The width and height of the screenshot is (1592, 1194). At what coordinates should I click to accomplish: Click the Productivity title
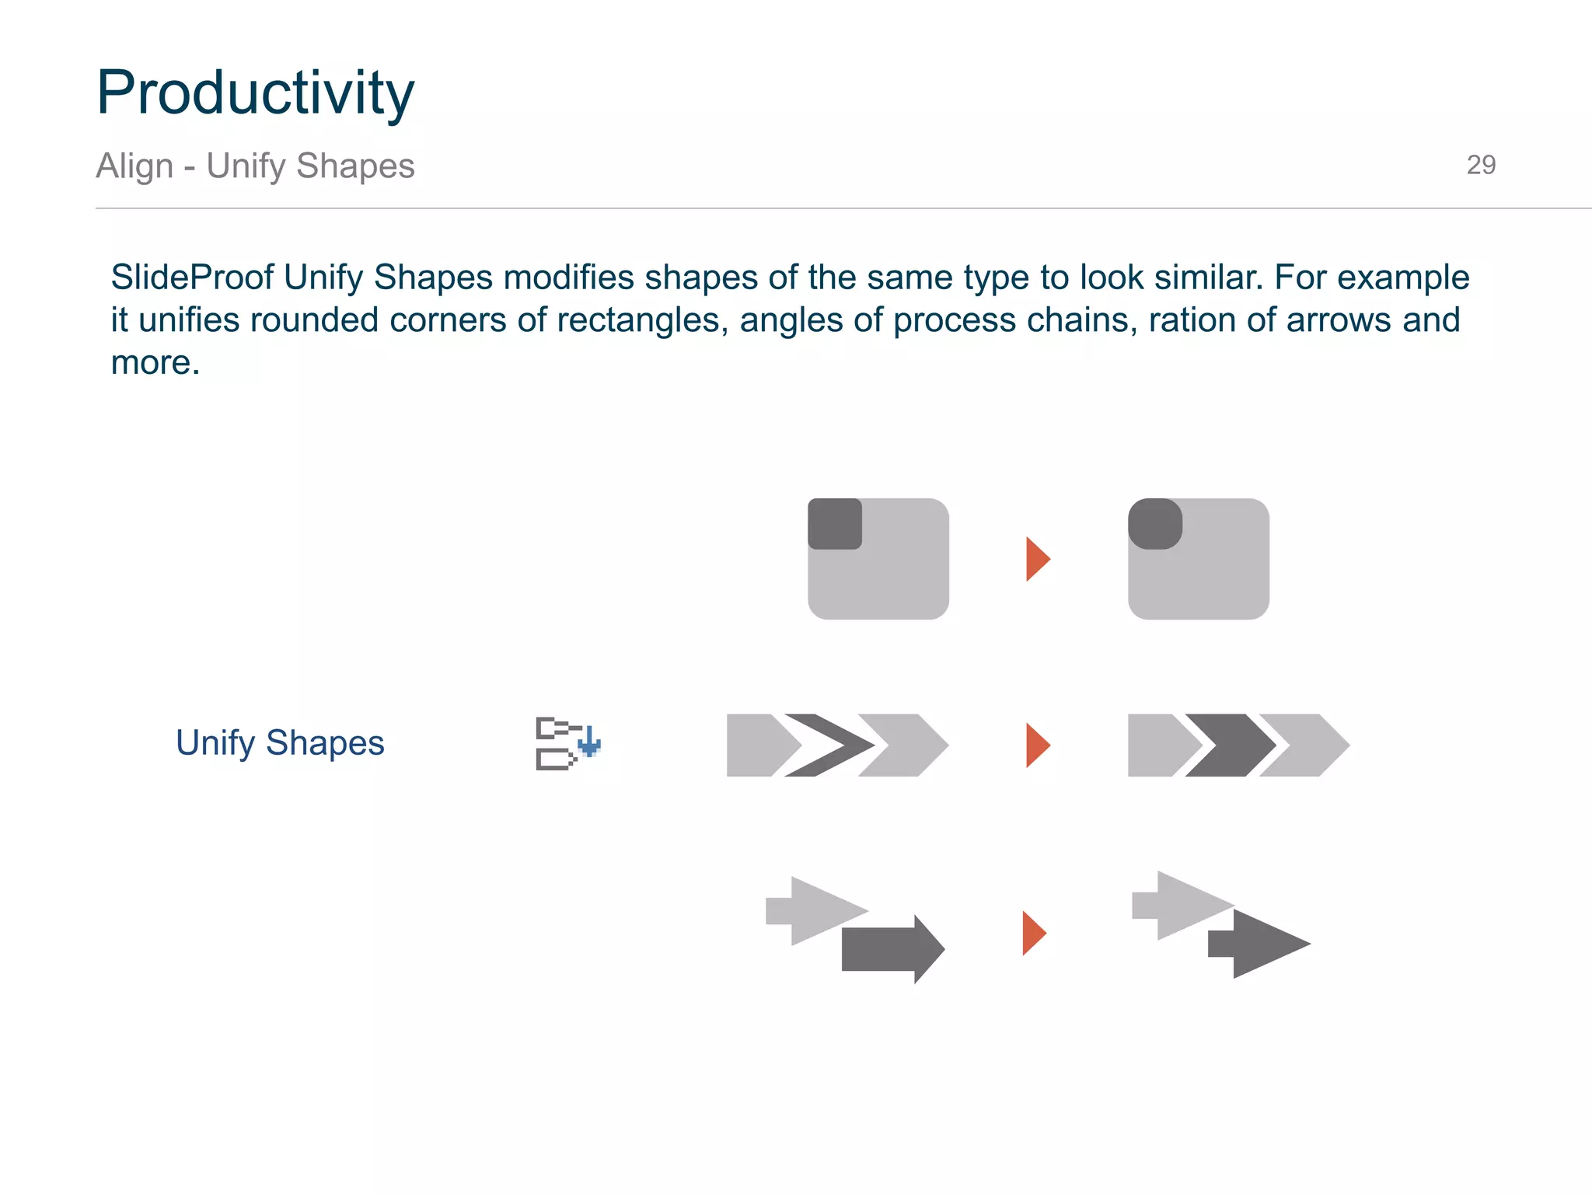point(255,93)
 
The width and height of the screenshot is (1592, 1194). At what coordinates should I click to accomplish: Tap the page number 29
point(1480,165)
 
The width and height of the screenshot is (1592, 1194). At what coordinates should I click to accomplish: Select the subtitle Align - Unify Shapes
point(255,166)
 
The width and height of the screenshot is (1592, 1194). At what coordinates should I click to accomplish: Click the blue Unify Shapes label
point(280,743)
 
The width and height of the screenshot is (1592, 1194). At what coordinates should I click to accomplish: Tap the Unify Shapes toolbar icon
point(567,743)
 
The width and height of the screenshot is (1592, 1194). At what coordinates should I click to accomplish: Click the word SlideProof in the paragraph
point(192,278)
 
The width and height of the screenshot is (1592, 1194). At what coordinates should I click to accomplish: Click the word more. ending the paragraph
point(155,363)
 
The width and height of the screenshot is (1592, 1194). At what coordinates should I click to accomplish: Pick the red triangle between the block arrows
point(1033,933)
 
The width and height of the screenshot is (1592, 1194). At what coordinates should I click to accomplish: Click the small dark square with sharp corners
point(835,524)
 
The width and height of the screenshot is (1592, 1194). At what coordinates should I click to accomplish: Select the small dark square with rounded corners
point(1155,524)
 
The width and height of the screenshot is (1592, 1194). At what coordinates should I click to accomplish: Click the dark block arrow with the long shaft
point(886,949)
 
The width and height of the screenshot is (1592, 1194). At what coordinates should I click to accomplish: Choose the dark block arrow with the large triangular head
point(1263,944)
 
